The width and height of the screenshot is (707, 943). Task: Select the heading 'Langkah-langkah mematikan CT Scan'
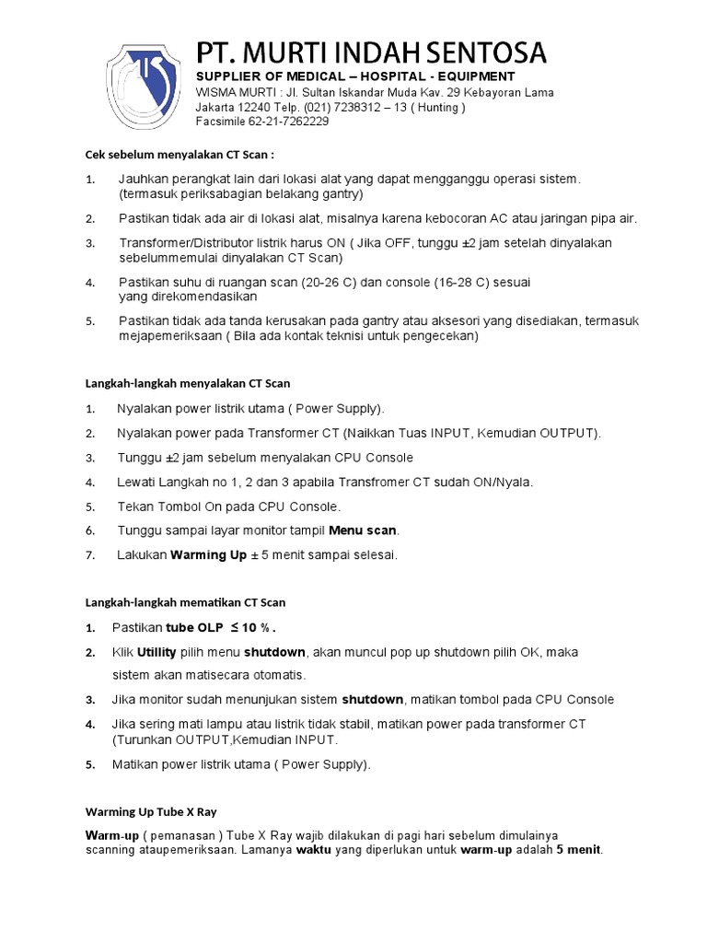coord(185,602)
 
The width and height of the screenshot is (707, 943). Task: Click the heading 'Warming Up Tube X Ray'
coord(151,812)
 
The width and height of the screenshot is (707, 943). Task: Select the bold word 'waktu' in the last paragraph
coord(313,850)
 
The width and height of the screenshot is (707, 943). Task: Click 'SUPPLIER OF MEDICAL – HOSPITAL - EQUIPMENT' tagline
coord(355,76)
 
